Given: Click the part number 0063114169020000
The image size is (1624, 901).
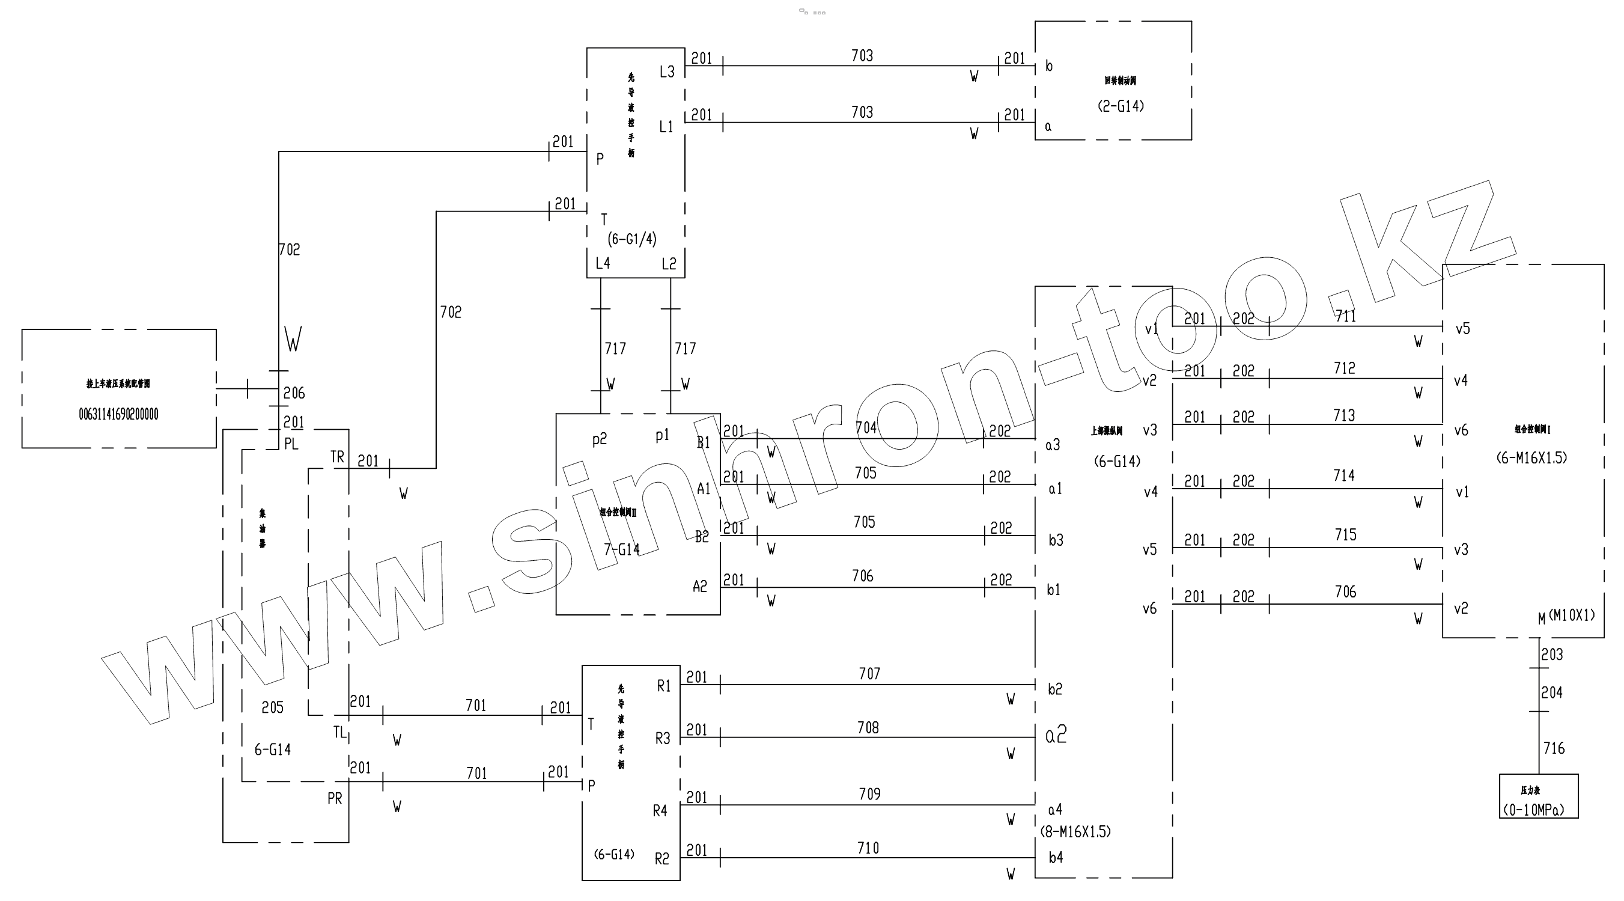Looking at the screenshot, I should point(118,414).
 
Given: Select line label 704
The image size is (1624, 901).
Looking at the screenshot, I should point(866,427).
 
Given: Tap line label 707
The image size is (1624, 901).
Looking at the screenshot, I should point(869,674).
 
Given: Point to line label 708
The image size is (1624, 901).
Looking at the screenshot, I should point(868,728).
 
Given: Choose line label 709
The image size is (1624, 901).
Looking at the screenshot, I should point(869,794).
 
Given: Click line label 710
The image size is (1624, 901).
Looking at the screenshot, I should point(868,848).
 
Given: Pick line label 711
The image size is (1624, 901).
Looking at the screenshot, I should point(1345,316).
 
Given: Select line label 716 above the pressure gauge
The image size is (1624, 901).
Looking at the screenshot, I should point(1554,748).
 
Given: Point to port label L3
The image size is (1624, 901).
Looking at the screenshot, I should point(667,72).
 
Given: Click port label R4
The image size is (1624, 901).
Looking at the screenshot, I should point(660,811).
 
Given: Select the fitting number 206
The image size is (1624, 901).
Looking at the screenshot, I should point(294,394).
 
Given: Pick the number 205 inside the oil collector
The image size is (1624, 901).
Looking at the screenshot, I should point(272,707).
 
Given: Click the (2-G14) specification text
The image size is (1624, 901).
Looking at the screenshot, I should point(1121,106).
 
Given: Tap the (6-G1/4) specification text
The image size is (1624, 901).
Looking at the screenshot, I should point(631,239).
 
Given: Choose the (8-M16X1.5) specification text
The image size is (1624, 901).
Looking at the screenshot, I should point(1075,832).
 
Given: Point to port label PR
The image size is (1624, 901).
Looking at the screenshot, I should point(335,799).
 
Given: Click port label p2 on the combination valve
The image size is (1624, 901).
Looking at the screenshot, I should point(600,439).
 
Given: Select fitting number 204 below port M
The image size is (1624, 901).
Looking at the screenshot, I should point(1551,693).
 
